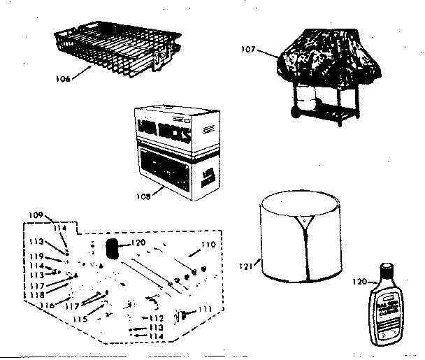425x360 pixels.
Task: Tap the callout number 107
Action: tap(245, 50)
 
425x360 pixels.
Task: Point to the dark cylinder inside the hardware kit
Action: tap(110, 249)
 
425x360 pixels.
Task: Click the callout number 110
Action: tap(209, 245)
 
